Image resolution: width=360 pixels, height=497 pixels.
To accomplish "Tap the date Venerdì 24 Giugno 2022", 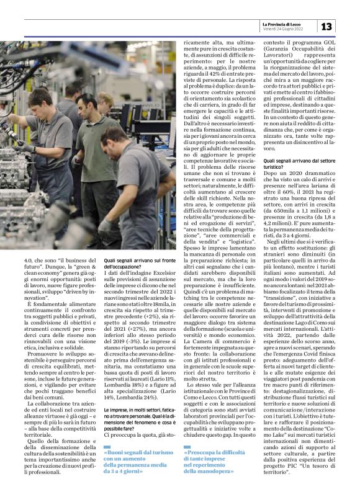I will (282, 29).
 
